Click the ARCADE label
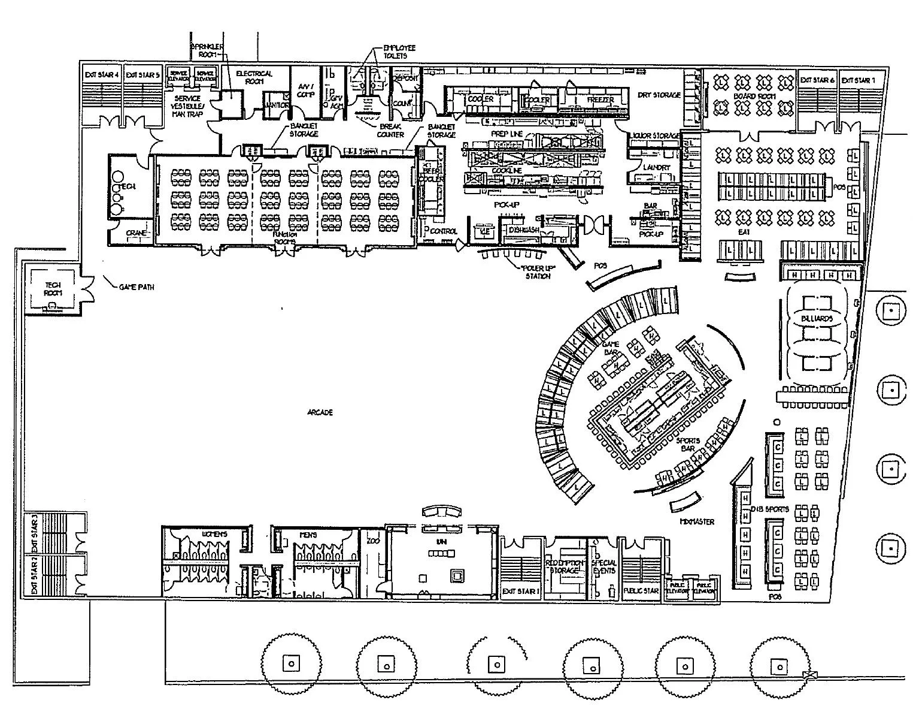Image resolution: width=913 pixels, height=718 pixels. (x=320, y=413)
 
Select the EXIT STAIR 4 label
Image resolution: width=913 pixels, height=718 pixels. (x=102, y=75)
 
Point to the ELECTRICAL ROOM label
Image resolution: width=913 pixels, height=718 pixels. (x=254, y=77)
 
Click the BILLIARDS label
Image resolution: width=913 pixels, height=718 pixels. (x=817, y=319)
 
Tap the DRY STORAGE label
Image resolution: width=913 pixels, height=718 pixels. (x=659, y=95)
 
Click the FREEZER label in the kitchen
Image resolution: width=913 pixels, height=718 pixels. (x=600, y=99)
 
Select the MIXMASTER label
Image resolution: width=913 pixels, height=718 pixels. (x=697, y=521)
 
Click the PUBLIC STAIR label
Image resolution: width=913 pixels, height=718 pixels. (x=641, y=591)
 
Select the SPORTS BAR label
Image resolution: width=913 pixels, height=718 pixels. (x=688, y=444)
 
